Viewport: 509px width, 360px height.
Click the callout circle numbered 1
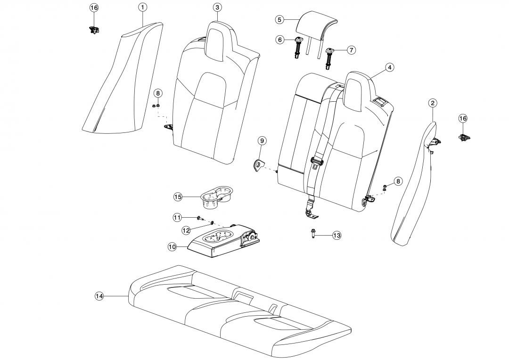click(x=142, y=7)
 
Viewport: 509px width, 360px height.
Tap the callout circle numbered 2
click(x=433, y=103)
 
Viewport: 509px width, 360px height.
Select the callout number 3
click(x=217, y=8)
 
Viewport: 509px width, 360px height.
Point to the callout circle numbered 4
click(x=389, y=67)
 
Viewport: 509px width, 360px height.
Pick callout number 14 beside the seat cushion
click(x=99, y=296)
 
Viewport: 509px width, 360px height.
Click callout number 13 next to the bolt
click(x=336, y=236)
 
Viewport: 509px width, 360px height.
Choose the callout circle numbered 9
click(x=262, y=140)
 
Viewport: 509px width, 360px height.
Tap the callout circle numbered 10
click(x=172, y=246)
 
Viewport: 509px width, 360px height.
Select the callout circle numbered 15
click(x=177, y=196)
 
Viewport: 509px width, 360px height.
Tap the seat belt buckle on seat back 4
click(x=316, y=163)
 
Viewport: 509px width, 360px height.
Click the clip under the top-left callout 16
click(x=94, y=30)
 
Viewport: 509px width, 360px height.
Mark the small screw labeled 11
click(x=199, y=218)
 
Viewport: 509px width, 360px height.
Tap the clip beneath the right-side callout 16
click(x=464, y=137)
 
